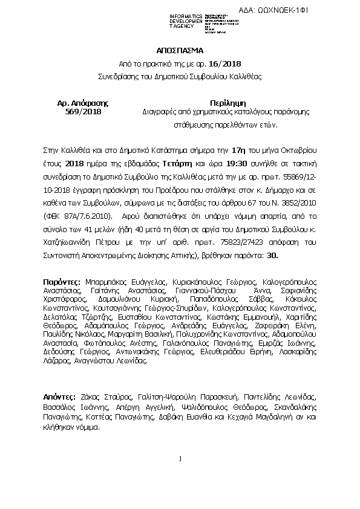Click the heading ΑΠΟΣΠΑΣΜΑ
pos(180,50)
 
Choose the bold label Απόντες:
pos(60,397)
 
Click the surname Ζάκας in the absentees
pos(93,397)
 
